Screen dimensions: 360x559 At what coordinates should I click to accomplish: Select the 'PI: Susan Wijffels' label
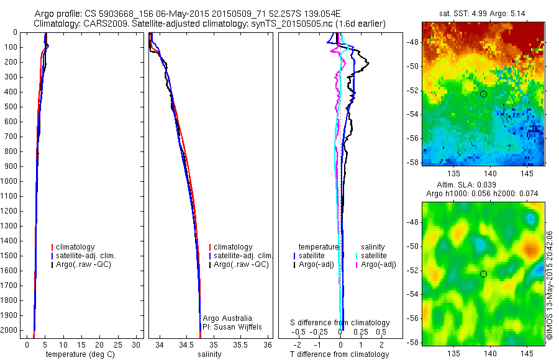click(230, 326)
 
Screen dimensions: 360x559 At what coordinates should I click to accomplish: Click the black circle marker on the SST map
click(483, 94)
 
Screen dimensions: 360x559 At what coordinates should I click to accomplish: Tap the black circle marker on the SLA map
click(483, 274)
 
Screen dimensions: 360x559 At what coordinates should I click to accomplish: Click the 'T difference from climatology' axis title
click(339, 354)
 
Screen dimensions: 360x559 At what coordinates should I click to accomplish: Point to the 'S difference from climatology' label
click(340, 323)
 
